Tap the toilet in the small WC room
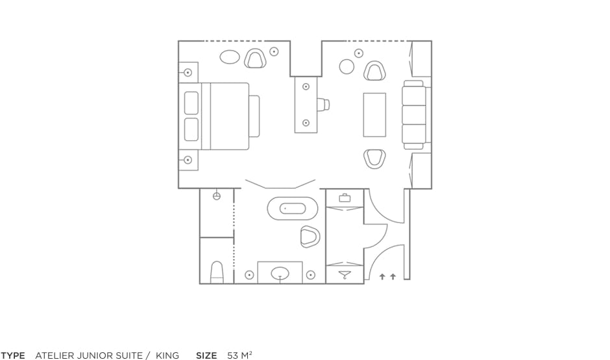click(x=217, y=272)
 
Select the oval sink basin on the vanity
click(x=280, y=274)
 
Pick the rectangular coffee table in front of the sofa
click(x=374, y=115)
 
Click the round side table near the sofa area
click(x=347, y=66)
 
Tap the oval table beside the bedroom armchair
click(x=230, y=57)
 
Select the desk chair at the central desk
click(x=323, y=104)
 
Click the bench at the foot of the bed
click(x=254, y=116)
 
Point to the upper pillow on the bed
click(x=191, y=103)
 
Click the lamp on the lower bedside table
click(x=188, y=160)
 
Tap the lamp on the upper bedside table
click(x=188, y=72)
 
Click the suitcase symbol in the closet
click(x=345, y=198)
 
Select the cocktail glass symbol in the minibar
click(x=345, y=276)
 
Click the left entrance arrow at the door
click(x=382, y=276)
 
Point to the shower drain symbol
click(x=217, y=196)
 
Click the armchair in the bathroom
click(x=310, y=236)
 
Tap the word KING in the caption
click(x=167, y=355)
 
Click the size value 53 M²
click(x=239, y=355)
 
